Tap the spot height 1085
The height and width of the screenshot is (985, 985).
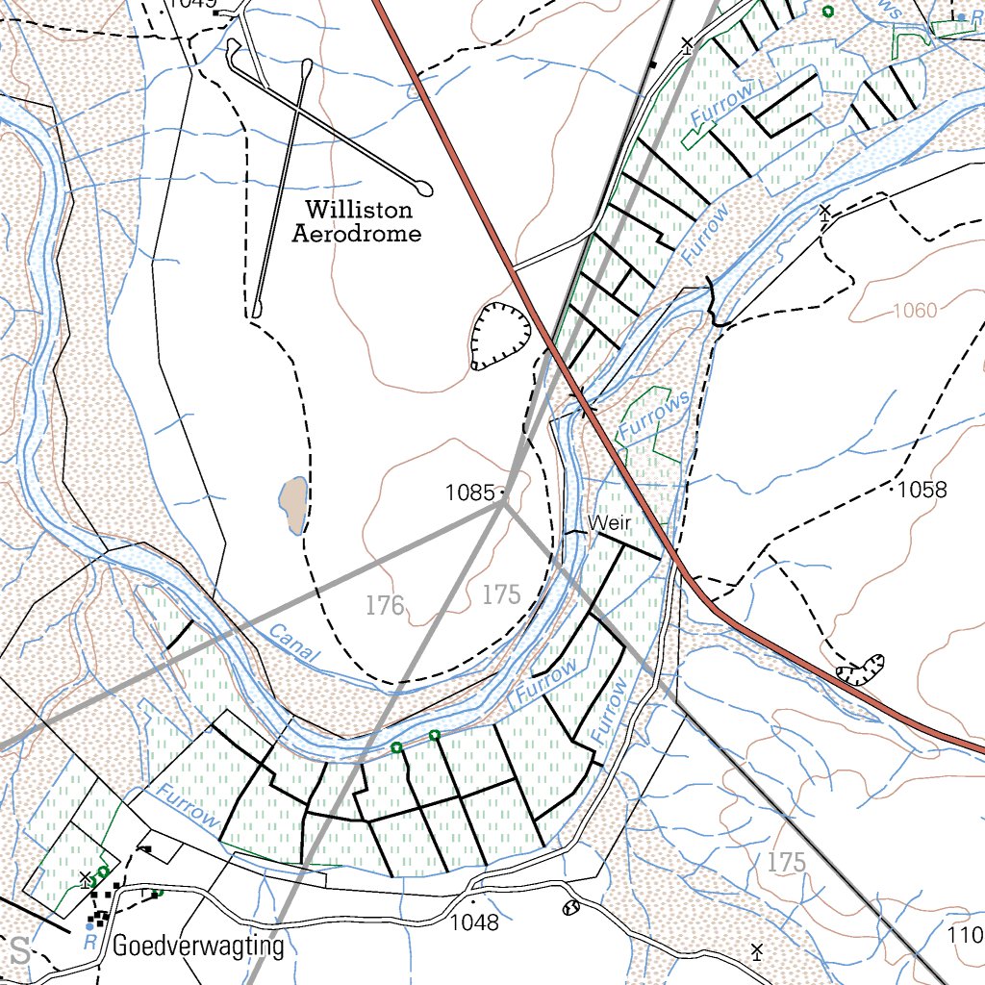[x=469, y=492]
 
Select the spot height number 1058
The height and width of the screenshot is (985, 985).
[x=922, y=490]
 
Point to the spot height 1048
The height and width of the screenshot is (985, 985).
[x=475, y=922]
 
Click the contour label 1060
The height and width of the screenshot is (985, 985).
[x=914, y=311]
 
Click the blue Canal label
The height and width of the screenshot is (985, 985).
[x=292, y=642]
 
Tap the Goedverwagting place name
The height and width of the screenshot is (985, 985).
[x=198, y=947]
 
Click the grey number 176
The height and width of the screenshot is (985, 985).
[x=385, y=605]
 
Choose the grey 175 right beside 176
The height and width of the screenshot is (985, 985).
[x=501, y=594]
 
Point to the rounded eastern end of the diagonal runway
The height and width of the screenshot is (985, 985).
[x=423, y=187]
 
